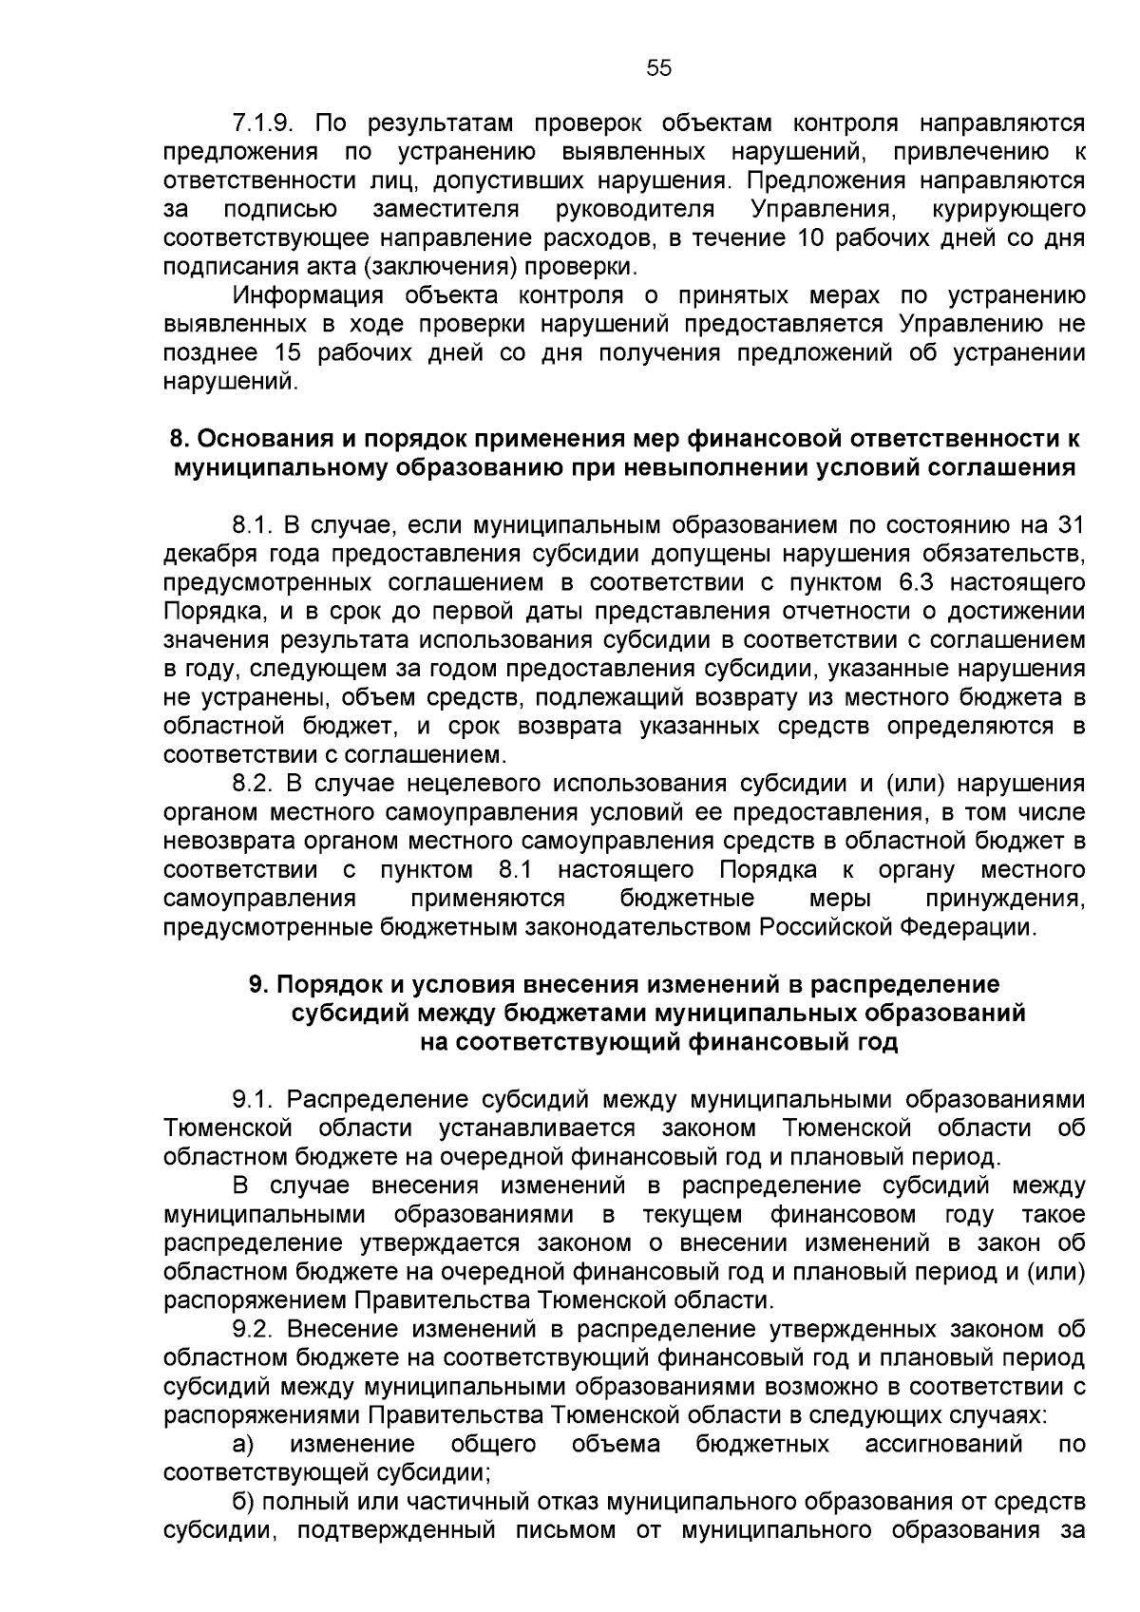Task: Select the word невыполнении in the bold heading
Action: pos(737,468)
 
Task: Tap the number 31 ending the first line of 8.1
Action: pos(1071,525)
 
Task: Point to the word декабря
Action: pos(205,555)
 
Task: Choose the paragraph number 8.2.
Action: pos(254,785)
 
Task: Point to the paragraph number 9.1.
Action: pos(254,1100)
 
